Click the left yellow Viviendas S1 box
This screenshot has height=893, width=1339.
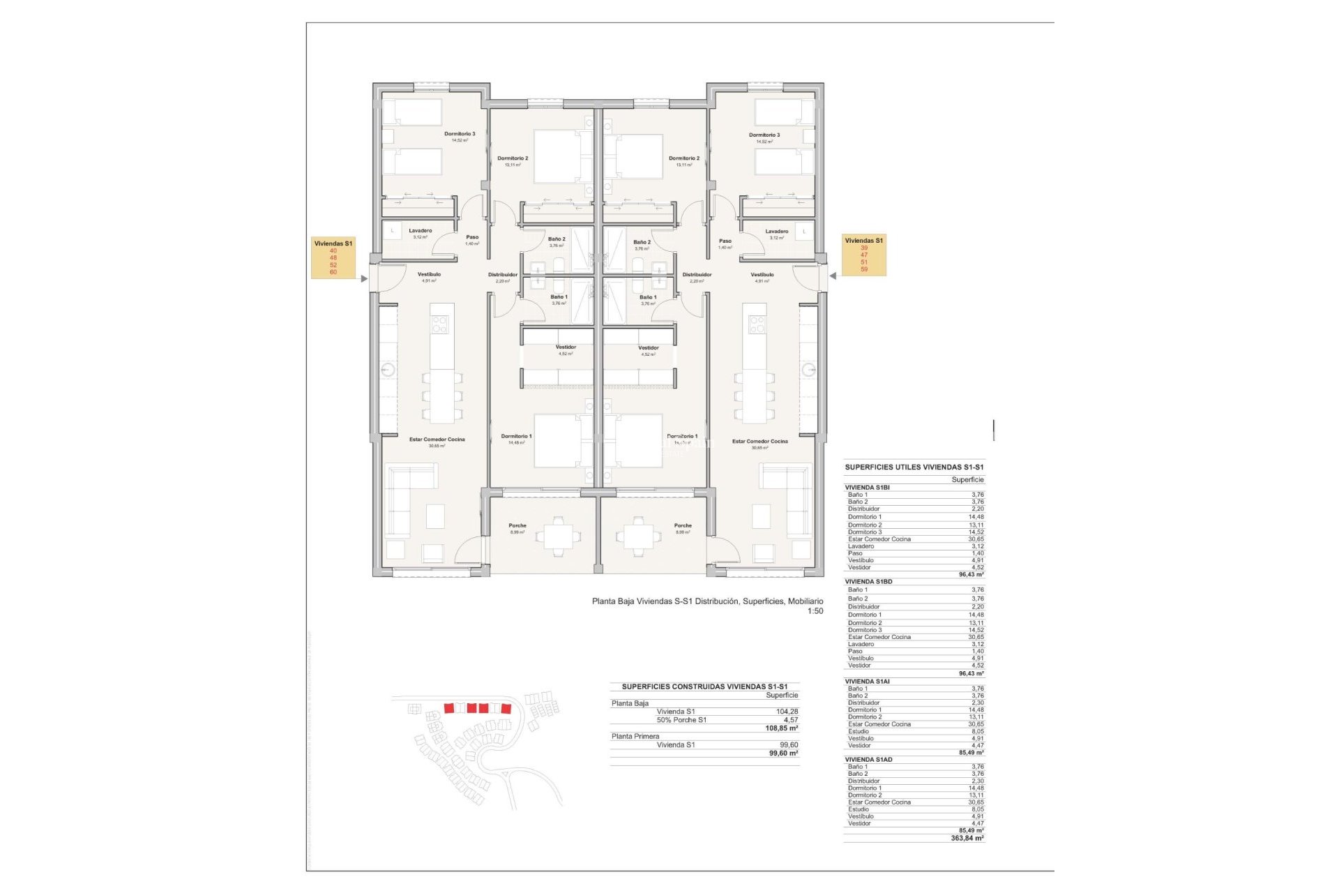333,257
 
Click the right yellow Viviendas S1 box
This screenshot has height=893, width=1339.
863,255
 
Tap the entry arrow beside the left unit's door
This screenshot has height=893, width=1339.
364,279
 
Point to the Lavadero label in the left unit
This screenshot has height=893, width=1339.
420,231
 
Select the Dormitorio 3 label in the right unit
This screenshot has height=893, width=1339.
764,135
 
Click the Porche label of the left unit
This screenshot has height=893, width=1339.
517,526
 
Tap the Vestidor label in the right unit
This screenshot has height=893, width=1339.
648,348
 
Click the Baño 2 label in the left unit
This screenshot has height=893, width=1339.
557,239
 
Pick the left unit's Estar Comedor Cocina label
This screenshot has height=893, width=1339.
437,440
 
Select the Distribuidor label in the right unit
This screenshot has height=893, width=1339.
697,275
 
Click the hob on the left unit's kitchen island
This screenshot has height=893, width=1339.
440,324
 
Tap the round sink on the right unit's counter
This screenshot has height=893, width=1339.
808,370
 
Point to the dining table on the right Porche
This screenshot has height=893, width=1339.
638,536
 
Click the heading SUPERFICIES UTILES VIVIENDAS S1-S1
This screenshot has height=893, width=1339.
914,467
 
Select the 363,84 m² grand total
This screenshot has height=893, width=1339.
967,839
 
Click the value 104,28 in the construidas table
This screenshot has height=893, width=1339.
787,712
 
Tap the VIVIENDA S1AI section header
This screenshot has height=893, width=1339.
867,682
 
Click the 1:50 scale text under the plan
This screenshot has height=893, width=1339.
815,611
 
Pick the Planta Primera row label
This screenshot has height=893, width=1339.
635,737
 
